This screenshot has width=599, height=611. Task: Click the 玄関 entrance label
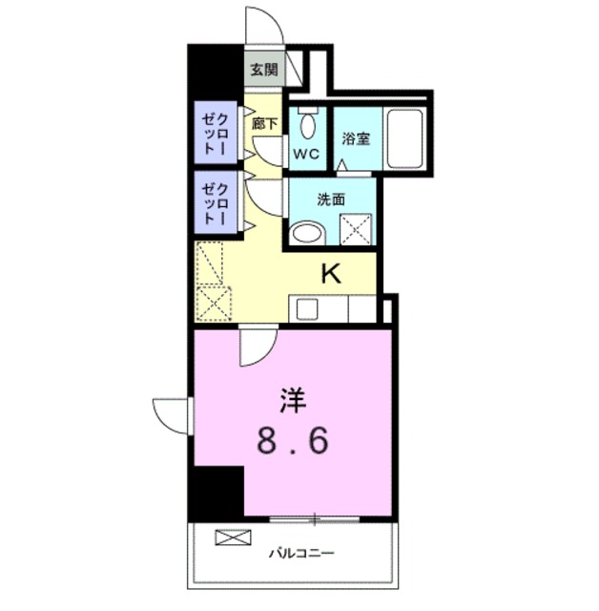(264, 69)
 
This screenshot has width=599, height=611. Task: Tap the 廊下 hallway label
(264, 123)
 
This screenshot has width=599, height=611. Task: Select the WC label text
(305, 154)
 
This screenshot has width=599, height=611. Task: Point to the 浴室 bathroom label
(357, 137)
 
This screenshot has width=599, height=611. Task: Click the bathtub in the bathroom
(407, 138)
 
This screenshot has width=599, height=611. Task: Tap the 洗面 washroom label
(331, 200)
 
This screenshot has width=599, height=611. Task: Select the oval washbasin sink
(306, 232)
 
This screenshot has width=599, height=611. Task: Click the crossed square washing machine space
(355, 229)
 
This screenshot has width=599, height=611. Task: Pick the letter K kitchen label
(331, 275)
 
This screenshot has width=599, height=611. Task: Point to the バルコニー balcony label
(300, 553)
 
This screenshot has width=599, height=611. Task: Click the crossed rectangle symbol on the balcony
(231, 537)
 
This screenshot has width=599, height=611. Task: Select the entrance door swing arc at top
(263, 25)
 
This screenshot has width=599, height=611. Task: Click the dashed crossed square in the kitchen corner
(210, 305)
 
